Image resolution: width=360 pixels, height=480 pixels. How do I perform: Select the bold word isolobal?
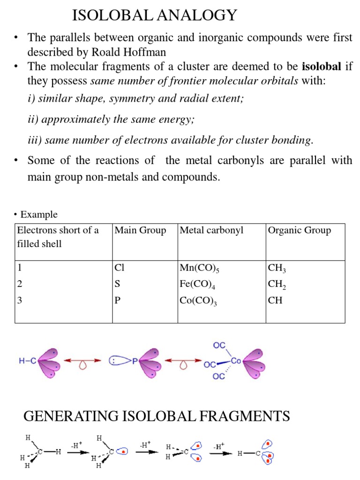322,67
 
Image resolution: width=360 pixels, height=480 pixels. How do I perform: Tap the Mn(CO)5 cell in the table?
200,269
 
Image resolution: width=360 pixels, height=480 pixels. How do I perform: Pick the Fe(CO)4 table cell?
198,285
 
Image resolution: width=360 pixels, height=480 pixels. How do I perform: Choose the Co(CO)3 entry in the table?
198,300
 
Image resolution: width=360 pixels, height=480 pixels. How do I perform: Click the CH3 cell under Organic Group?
277,269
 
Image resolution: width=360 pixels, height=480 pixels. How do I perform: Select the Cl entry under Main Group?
120,268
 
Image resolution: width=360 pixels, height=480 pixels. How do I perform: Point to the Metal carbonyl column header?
212,230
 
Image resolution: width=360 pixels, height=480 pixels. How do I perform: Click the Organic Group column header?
299,230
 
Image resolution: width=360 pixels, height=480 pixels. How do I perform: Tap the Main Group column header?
140,230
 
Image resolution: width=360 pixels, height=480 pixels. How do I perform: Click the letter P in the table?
118,300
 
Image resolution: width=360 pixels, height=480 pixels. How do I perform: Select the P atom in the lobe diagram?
134,361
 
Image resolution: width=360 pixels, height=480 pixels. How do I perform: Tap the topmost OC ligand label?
219,345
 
